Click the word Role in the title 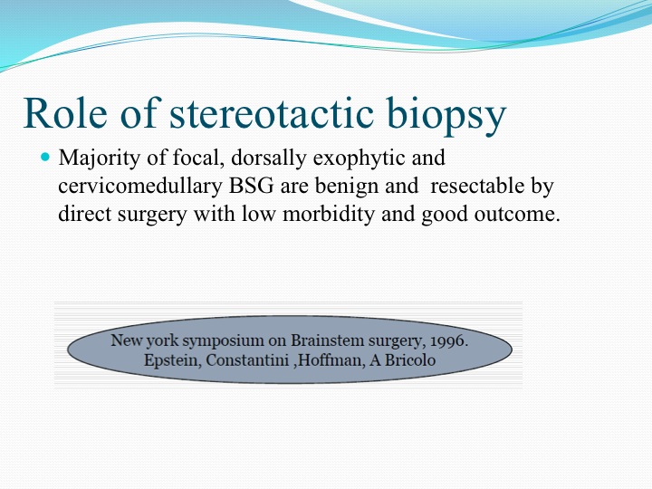[x=65, y=113]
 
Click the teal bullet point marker [x=45, y=157]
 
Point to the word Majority [x=100, y=158]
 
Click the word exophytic [x=359, y=158]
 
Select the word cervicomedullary [x=140, y=187]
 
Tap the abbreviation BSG [x=251, y=186]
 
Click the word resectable [x=477, y=186]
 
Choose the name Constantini [x=247, y=360]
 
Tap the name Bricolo [x=410, y=360]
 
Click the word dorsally [x=269, y=158]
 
